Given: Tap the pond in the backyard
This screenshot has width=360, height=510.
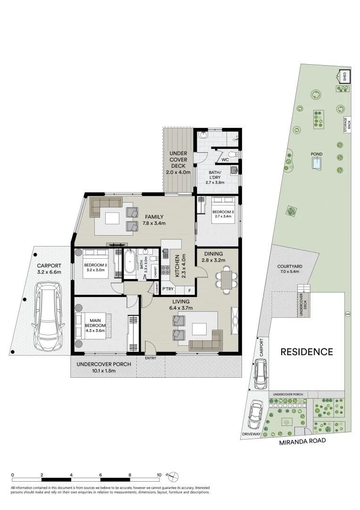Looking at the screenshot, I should point(317,163).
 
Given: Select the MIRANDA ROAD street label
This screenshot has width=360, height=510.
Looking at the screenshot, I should point(302,442).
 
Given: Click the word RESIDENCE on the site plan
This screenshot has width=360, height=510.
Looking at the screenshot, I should point(307,352).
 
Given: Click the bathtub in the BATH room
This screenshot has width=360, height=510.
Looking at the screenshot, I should point(130,263).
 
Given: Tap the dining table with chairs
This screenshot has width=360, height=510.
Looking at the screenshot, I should point(226,279).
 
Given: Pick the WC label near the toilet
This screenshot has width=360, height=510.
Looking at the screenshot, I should point(225,160).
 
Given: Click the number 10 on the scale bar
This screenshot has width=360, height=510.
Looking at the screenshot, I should point(159,475).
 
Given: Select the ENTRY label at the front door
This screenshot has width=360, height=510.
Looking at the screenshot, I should point(151,358).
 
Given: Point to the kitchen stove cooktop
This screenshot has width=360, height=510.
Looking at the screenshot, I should point(166,271).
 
